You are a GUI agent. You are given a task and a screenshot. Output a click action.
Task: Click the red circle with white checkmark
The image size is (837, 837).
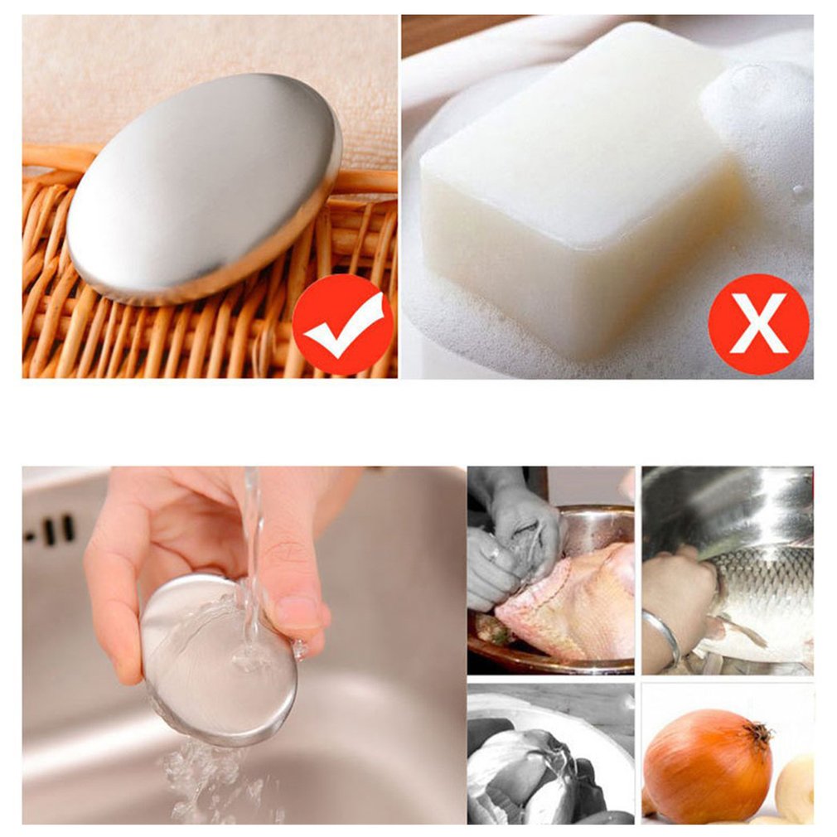[342, 324]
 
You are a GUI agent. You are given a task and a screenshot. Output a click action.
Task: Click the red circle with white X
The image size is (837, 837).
[757, 324]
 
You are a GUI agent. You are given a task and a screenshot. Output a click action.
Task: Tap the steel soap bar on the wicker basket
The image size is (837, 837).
[203, 186]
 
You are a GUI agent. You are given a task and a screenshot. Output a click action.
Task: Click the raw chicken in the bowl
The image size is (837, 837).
[572, 601]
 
